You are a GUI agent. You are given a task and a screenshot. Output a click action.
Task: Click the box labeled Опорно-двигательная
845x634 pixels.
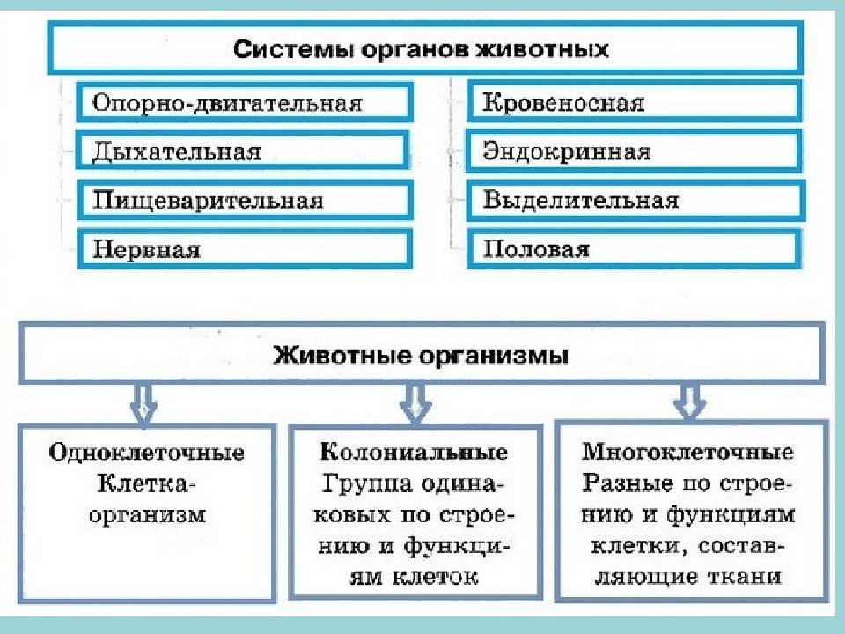245,102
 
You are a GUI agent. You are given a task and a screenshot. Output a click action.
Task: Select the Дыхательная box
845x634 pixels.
243,151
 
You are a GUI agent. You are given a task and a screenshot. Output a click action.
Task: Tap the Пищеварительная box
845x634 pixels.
246,200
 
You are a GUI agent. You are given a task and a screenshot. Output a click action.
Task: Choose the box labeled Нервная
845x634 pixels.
246,248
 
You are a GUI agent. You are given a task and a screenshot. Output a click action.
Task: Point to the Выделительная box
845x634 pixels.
636,200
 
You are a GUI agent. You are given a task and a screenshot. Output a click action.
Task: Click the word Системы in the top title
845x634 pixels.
294,49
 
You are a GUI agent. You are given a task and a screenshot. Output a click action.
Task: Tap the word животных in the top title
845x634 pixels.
543,49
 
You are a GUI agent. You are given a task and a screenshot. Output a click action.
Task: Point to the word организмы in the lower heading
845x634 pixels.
494,357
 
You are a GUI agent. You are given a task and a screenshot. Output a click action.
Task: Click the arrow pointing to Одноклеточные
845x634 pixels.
143,403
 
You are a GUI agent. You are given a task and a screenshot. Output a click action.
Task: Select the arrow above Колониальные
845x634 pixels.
415,403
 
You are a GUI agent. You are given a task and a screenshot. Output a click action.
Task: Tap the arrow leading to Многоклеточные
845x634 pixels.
689,402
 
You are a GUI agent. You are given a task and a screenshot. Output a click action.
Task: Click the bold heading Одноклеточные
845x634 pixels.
147,453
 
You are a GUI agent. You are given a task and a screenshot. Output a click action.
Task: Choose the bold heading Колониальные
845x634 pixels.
414,452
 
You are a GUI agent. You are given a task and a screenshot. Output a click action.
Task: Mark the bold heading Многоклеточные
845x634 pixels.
687,451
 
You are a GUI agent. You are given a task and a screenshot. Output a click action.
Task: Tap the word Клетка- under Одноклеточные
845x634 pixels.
143,483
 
